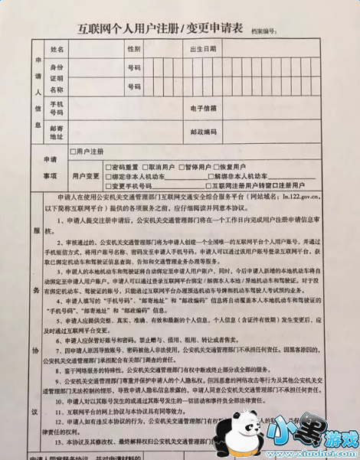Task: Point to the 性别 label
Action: click(x=134, y=50)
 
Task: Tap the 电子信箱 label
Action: click(x=204, y=108)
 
